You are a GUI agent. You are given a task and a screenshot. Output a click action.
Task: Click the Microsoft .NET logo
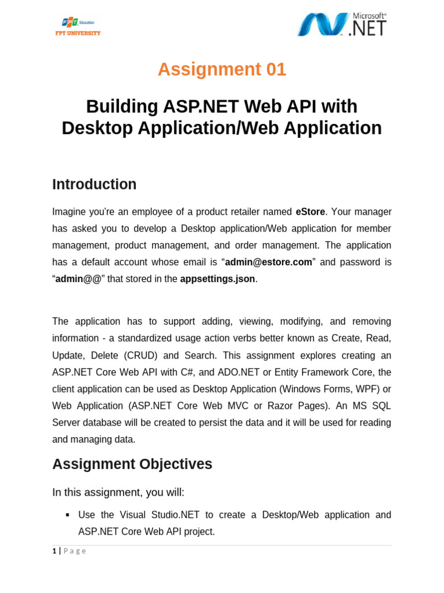coord(342,24)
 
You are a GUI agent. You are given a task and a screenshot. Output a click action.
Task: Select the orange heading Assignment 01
coord(222,69)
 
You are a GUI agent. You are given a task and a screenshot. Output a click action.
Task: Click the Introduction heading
coord(94,184)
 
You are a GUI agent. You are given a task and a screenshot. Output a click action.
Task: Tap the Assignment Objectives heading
coord(132,464)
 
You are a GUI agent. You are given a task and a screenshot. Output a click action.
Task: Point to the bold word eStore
coord(310,212)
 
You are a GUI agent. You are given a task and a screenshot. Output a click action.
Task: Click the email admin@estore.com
coord(268,262)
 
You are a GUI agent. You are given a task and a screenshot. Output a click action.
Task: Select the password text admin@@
coord(79,279)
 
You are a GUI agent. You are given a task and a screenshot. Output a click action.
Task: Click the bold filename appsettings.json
coord(217,279)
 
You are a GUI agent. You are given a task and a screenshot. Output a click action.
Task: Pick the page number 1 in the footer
coord(54,551)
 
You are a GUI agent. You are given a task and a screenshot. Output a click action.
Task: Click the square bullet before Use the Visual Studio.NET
coord(68,515)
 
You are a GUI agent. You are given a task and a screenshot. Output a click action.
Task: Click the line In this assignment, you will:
coord(118,492)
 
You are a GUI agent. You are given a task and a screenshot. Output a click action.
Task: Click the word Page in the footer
coord(75,551)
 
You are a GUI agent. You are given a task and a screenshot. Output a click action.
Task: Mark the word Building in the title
coord(122,107)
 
